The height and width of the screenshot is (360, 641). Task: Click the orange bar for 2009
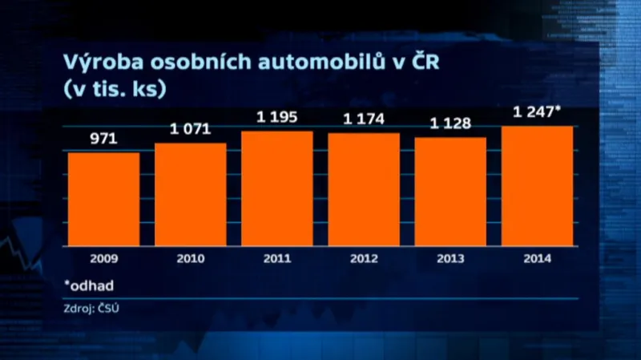click(103, 199)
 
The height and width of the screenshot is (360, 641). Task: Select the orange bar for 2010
click(190, 195)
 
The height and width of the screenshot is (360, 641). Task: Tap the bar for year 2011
click(277, 188)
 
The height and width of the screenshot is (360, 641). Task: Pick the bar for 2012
click(364, 189)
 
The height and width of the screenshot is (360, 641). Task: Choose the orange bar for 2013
click(450, 192)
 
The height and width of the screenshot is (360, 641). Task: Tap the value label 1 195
click(277, 118)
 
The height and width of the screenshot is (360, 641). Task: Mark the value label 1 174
click(364, 119)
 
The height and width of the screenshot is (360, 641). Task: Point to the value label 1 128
click(450, 124)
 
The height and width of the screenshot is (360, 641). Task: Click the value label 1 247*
click(538, 113)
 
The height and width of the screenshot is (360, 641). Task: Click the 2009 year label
click(103, 259)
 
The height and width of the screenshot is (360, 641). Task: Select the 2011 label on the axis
click(277, 259)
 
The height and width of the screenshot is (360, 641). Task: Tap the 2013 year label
click(450, 259)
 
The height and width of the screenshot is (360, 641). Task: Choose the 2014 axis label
click(538, 259)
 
